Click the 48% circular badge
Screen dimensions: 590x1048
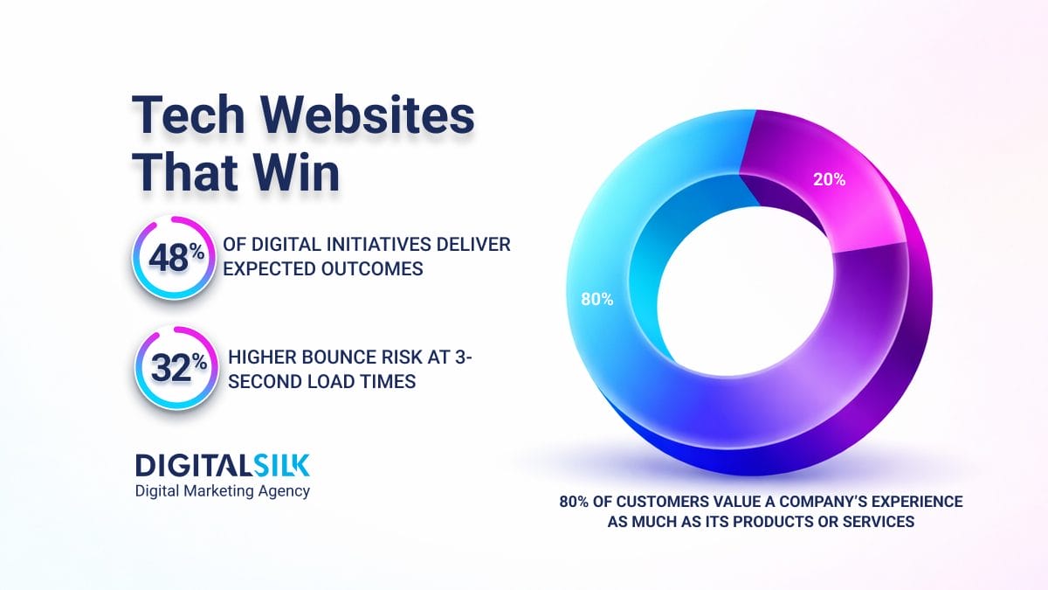point(171,257)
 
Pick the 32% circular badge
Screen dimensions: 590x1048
point(171,368)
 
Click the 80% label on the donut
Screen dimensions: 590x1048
point(597,299)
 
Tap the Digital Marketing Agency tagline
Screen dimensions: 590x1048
point(222,491)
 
